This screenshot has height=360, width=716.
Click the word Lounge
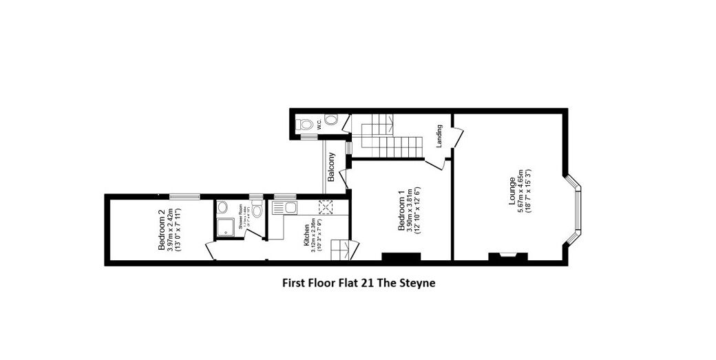512,191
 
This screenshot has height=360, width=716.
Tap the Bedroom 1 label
403,207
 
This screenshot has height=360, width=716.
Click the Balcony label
331,167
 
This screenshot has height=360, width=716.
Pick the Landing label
439,136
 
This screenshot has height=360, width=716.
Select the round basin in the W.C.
331,120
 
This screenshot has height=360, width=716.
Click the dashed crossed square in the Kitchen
326,207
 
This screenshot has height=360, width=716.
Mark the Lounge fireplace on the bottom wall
508,257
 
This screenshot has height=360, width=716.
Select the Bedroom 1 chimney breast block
401,257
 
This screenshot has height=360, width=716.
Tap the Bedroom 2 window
185,196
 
